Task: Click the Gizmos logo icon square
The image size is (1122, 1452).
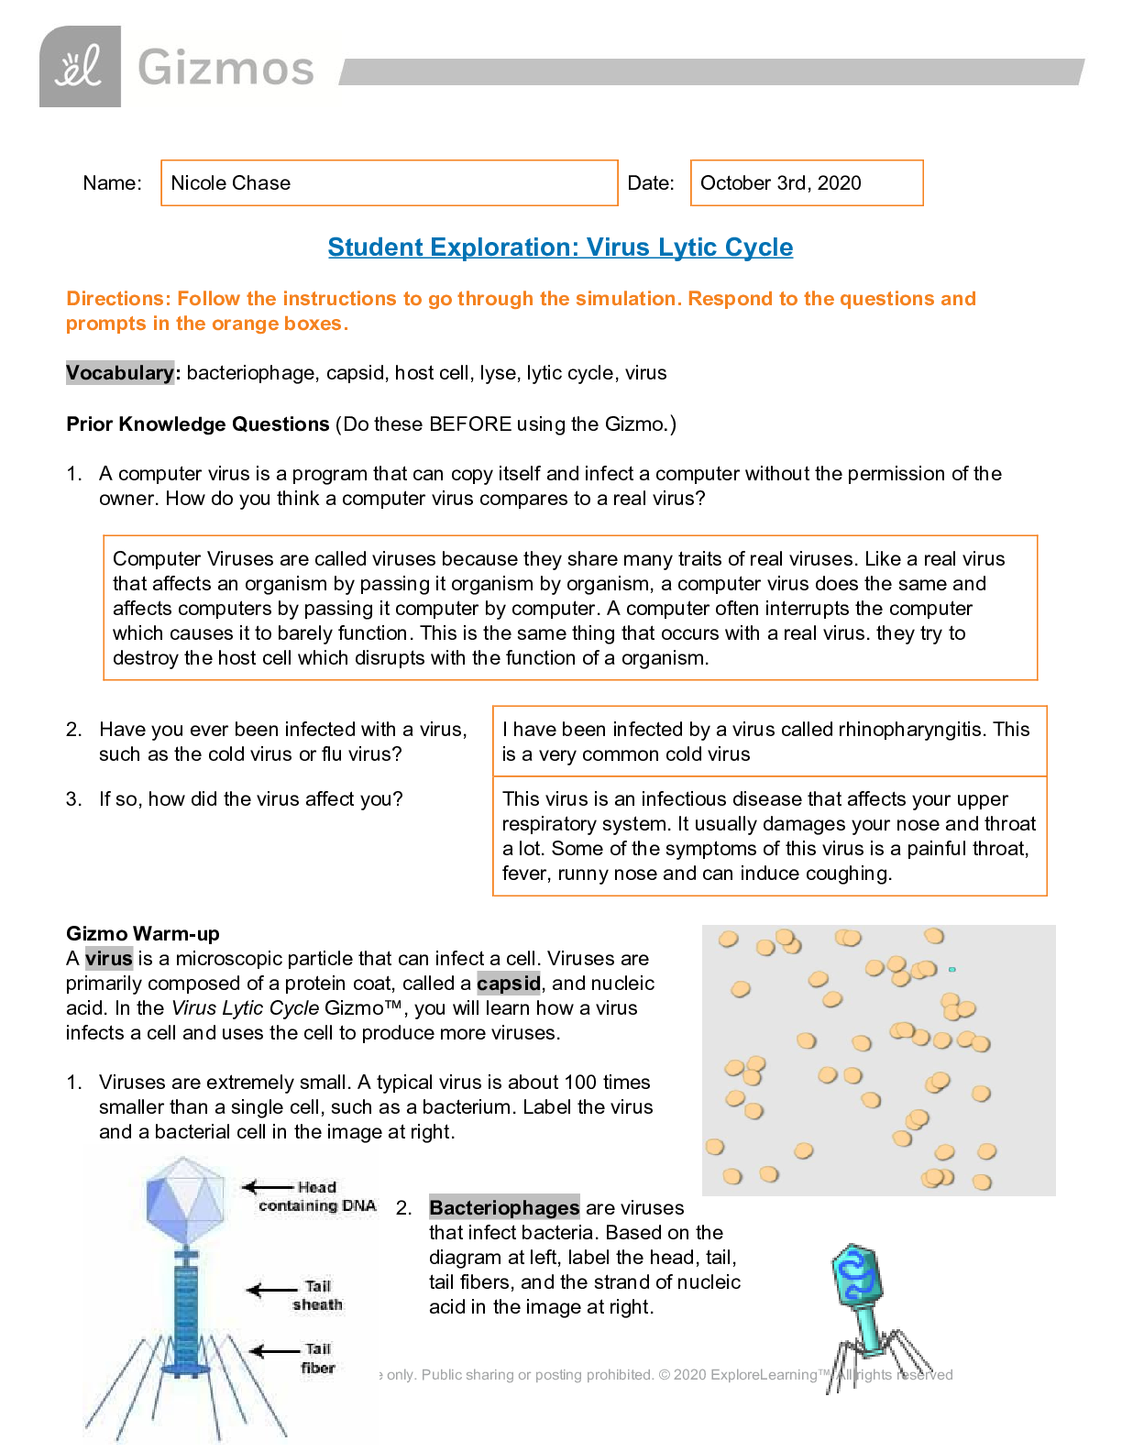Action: (x=80, y=67)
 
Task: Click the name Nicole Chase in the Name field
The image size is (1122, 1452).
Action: (x=231, y=183)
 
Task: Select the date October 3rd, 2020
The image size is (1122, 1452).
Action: (x=780, y=183)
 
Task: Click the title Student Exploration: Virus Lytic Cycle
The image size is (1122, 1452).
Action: (x=560, y=247)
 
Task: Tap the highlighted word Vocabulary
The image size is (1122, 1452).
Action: (x=119, y=373)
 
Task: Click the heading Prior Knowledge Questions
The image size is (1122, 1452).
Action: (x=197, y=424)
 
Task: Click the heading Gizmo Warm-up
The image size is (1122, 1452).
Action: (x=143, y=934)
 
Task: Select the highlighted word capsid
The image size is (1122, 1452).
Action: (x=509, y=984)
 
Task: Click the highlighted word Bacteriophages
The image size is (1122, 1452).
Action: (x=504, y=1208)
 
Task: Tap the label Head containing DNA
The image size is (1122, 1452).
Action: (x=317, y=1196)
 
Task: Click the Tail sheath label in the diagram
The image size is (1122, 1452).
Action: (x=317, y=1295)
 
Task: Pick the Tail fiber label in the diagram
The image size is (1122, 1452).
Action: (x=318, y=1358)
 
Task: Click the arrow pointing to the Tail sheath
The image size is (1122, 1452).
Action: (x=272, y=1291)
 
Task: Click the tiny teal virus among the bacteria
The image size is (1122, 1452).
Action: (x=952, y=969)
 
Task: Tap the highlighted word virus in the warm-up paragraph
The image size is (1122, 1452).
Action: (x=109, y=959)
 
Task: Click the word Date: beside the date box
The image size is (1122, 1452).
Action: (x=650, y=183)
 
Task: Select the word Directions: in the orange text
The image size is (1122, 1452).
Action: (x=119, y=299)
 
